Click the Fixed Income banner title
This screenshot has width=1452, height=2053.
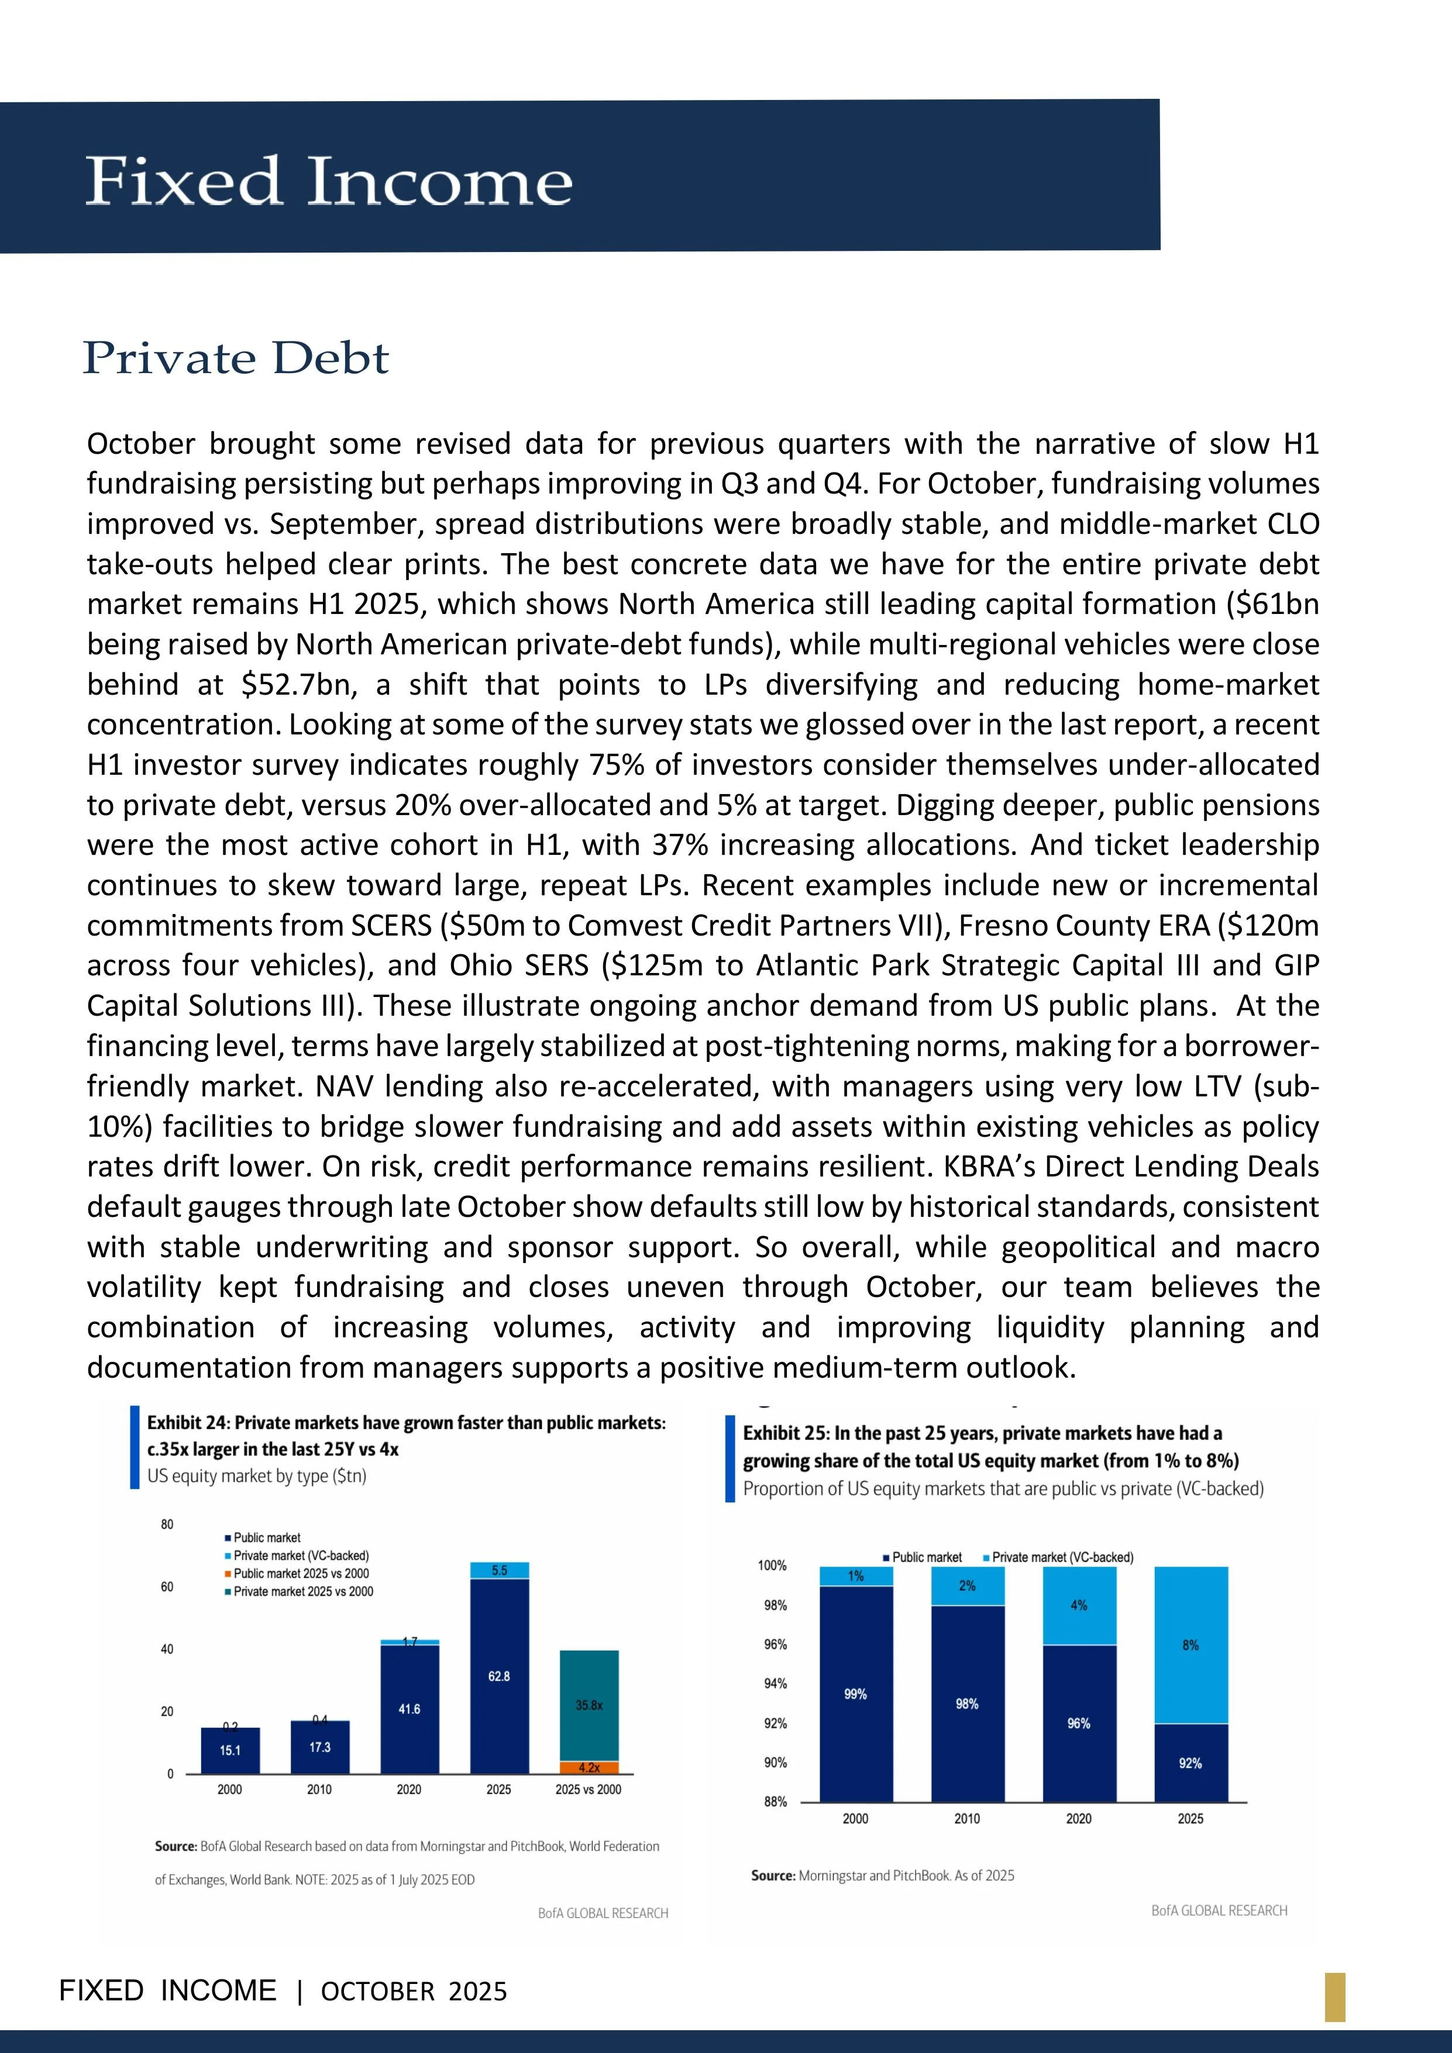pyautogui.click(x=328, y=181)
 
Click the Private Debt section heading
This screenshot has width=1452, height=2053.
pyautogui.click(x=236, y=358)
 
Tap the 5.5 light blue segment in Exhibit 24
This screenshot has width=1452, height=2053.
pyautogui.click(x=499, y=1570)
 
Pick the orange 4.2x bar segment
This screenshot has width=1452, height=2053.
pyautogui.click(x=589, y=1768)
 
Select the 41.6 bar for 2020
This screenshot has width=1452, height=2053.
pyautogui.click(x=409, y=1709)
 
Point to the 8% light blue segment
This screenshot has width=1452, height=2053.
pyautogui.click(x=1190, y=1644)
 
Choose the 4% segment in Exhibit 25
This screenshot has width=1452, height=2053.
pyautogui.click(x=1079, y=1605)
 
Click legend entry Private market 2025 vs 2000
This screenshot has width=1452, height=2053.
pyautogui.click(x=303, y=1592)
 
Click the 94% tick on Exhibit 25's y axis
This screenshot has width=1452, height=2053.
pyautogui.click(x=774, y=1683)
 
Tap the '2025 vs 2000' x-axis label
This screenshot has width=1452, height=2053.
pyautogui.click(x=588, y=1789)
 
